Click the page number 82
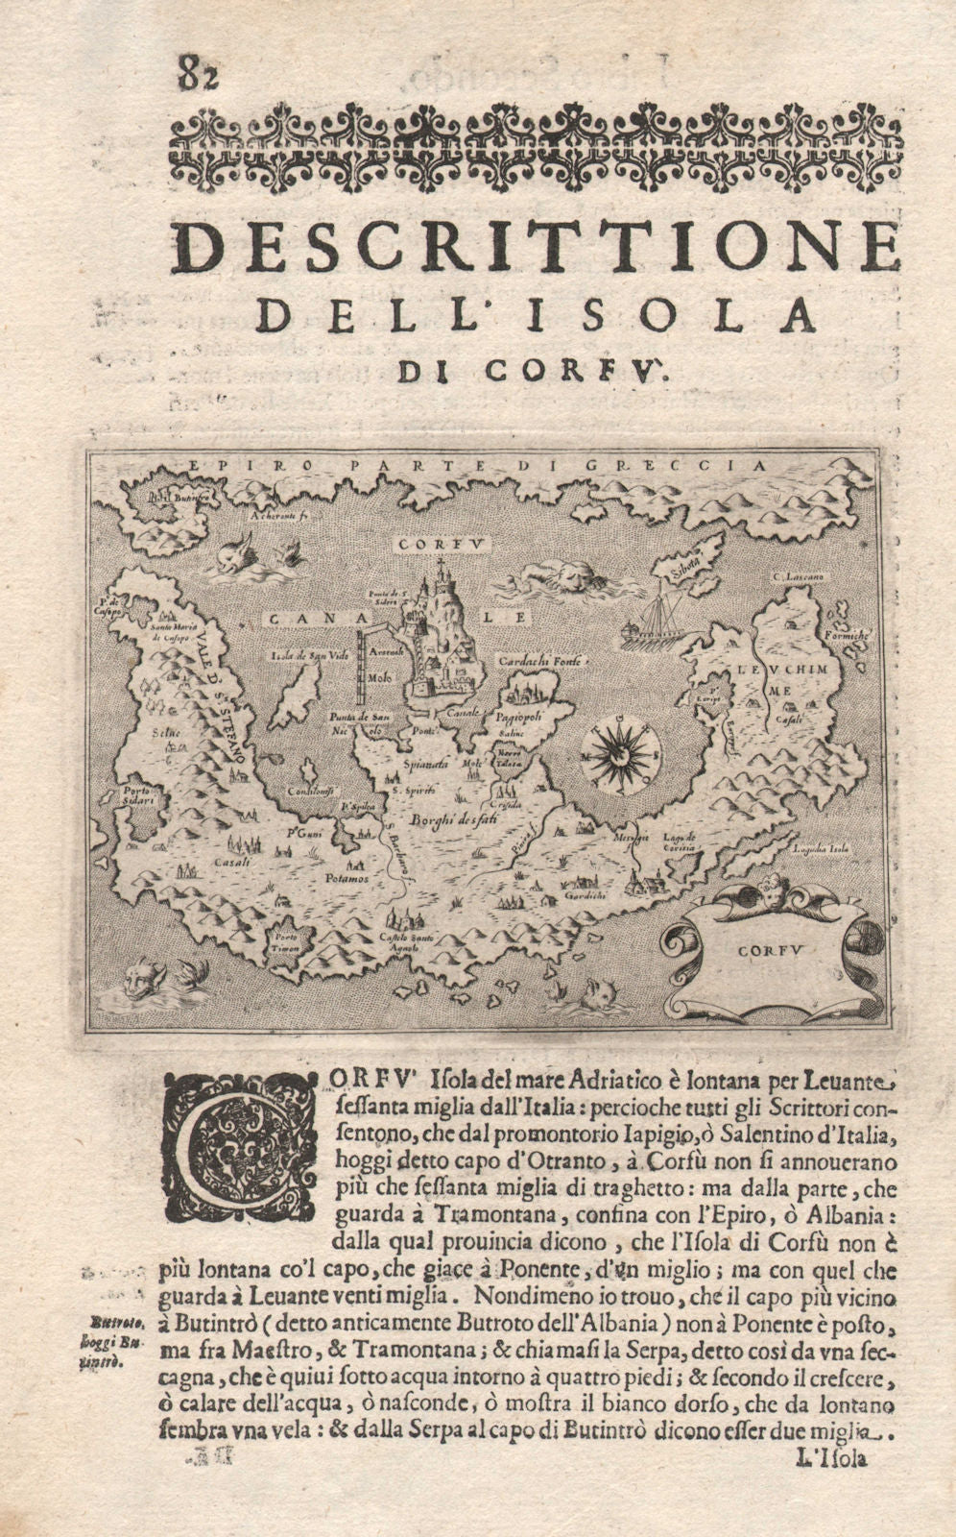click(197, 73)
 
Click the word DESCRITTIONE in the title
click(538, 250)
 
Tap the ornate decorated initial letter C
click(242, 1144)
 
